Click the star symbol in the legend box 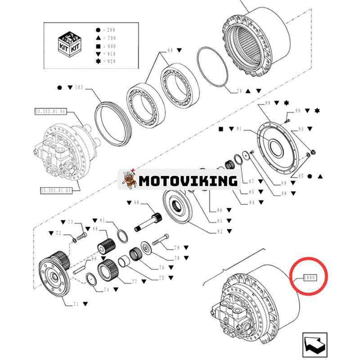(98, 60)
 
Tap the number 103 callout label (79, 86)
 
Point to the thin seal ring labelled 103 (112, 121)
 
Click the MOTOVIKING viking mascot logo (130, 180)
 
